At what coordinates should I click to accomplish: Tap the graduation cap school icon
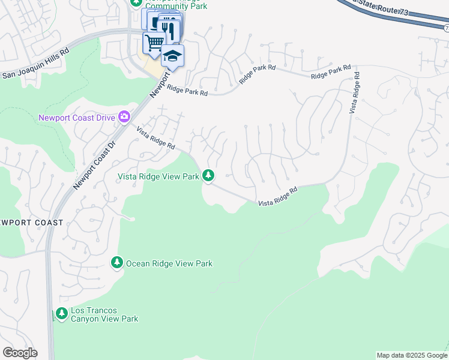(173, 55)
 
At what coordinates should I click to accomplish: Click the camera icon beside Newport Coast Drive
(124, 116)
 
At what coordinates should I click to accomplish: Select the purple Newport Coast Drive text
(77, 118)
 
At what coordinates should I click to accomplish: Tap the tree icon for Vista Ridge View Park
(208, 175)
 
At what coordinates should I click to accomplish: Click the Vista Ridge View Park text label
(159, 176)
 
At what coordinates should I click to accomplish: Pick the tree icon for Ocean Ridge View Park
(117, 263)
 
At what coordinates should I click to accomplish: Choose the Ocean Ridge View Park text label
(169, 263)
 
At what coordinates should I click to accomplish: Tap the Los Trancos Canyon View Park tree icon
(61, 313)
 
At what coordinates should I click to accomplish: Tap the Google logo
(20, 353)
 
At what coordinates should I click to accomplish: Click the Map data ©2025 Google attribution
(412, 355)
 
